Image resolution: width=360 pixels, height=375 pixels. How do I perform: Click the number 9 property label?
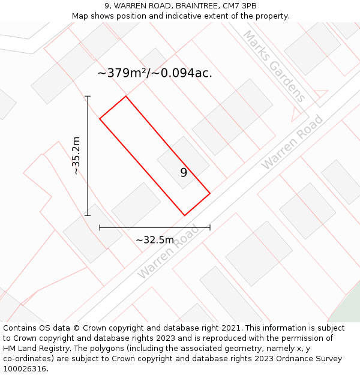click(x=184, y=173)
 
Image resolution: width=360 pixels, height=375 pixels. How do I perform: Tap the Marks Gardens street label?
click(x=274, y=66)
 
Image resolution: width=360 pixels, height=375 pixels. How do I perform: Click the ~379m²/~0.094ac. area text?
click(x=155, y=73)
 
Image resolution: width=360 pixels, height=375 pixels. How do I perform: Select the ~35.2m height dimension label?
click(x=76, y=155)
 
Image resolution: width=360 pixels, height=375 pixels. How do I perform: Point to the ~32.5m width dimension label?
click(x=155, y=240)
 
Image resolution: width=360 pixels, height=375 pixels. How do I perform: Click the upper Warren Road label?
click(x=292, y=142)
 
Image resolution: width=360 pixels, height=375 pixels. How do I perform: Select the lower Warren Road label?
click(x=169, y=252)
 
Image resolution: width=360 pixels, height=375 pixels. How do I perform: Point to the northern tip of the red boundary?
click(x=125, y=96)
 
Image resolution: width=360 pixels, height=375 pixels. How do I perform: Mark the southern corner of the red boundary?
click(x=184, y=215)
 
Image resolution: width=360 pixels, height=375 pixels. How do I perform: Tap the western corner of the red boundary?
click(x=100, y=118)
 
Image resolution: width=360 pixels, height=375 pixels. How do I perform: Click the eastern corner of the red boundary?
click(x=210, y=193)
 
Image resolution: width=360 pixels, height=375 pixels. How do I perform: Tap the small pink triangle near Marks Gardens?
click(x=296, y=112)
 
